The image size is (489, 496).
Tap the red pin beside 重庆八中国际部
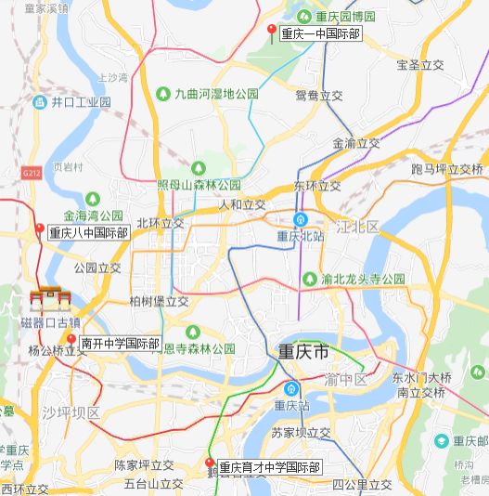(x=40, y=229)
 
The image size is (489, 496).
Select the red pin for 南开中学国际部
(x=71, y=340)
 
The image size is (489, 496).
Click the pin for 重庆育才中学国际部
(x=210, y=463)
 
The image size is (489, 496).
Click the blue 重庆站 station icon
(x=292, y=388)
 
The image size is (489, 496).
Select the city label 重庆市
(x=303, y=353)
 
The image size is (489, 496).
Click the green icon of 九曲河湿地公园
(x=163, y=94)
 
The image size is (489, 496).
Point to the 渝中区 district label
(x=347, y=380)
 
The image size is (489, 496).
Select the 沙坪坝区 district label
(x=70, y=412)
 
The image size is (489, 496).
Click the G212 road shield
(x=30, y=172)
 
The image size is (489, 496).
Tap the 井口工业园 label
(x=81, y=101)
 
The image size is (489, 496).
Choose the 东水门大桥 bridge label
(x=420, y=378)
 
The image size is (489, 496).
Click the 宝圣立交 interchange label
(x=420, y=65)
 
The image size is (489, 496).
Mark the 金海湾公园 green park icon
(x=93, y=198)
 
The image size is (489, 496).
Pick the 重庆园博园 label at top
(x=344, y=17)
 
